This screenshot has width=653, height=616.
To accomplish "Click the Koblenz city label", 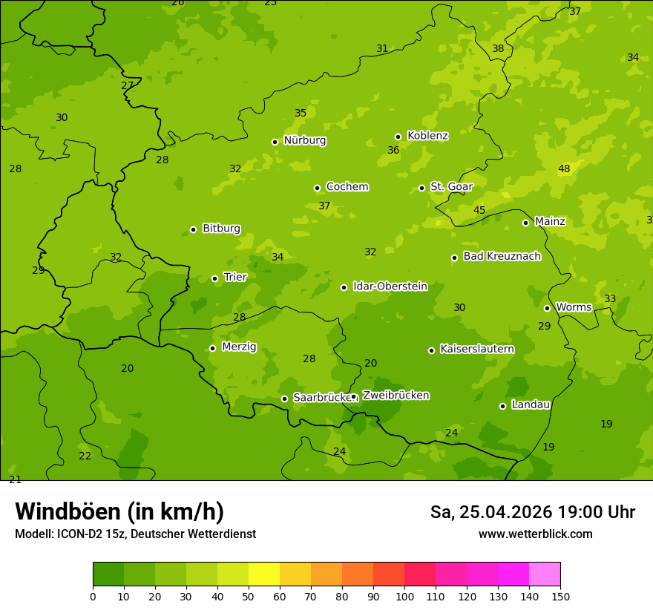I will tap(427, 136).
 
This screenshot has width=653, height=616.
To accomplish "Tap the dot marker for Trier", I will tap(215, 278).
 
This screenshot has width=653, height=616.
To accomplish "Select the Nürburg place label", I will tap(304, 140).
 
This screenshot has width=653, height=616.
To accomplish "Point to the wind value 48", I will tap(564, 169).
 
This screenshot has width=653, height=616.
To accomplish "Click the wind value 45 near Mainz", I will tap(479, 211).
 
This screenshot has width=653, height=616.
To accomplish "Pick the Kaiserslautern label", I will tap(476, 349).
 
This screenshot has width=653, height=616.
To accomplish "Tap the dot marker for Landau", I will tap(502, 406).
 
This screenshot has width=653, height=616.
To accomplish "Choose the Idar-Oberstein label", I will tap(390, 286).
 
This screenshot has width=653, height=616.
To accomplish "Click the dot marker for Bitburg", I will tap(193, 229).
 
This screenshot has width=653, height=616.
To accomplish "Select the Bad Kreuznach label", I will tap(502, 256).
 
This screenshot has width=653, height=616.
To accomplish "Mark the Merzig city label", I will tap(239, 347).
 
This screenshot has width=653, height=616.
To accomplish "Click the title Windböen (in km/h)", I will tap(119, 511).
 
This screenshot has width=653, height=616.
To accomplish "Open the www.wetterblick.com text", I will tap(535, 534).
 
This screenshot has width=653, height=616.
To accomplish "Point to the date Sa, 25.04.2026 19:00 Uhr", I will tap(532, 512).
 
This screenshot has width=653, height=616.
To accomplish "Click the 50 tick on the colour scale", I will tap(249, 596).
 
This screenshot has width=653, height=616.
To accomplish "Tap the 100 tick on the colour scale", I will tap(404, 596).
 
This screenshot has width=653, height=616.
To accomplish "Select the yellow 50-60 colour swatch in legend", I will tap(264, 574).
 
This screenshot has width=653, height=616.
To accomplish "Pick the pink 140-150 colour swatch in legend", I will tap(545, 574).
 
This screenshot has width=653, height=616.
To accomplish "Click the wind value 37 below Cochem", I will tap(324, 206).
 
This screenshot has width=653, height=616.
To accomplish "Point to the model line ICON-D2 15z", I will tap(135, 534).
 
